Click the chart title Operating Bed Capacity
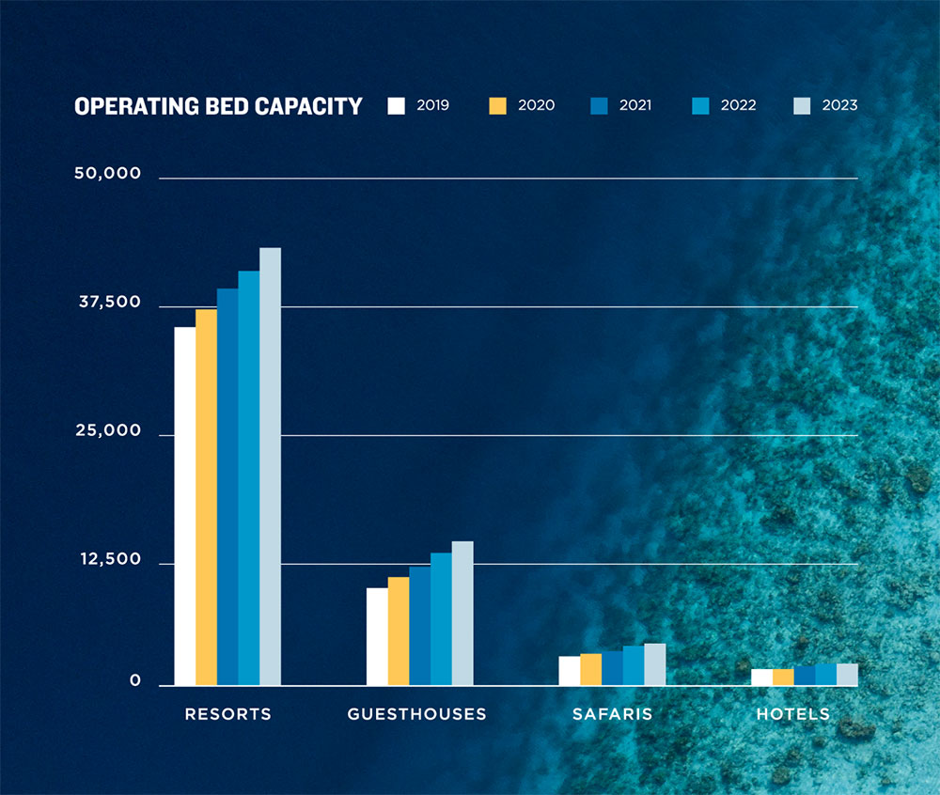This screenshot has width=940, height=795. tap(218, 106)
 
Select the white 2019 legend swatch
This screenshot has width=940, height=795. tap(396, 105)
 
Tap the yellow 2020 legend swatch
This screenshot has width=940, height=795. tap(498, 105)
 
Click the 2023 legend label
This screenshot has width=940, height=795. tap(838, 105)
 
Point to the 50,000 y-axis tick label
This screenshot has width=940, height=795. tap(108, 174)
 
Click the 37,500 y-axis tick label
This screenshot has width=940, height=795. tap(108, 303)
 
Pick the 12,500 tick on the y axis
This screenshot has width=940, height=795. tap(110, 560)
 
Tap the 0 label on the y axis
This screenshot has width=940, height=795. tap(135, 681)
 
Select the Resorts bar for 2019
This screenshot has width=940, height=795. tap(184, 507)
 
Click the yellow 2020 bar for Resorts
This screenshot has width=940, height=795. tap(206, 497)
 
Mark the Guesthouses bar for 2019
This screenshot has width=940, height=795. tap(377, 637)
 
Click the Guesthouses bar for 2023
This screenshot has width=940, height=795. tap(462, 614)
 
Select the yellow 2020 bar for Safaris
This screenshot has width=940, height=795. tap(590, 670)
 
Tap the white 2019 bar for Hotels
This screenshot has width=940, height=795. tap(761, 678)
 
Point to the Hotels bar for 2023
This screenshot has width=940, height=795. tap(847, 675)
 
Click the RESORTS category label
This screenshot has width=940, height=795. tap(227, 714)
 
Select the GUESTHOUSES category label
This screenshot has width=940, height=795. tap(417, 714)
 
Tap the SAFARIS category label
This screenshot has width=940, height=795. tap(612, 714)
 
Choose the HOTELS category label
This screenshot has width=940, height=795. tap(793, 714)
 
